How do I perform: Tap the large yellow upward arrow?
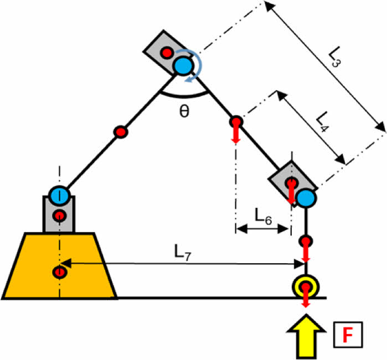coord(305,335)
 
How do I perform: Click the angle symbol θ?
coord(184,110)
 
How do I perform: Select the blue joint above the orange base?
coord(59,195)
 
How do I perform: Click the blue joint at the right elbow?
coord(305,197)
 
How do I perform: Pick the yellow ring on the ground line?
coord(305,286)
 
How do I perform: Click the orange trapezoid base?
coord(33,265)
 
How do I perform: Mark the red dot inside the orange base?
coord(59,272)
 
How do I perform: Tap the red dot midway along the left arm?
coord(121,132)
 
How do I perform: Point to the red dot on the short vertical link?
coord(306,242)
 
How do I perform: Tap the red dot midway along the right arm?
coord(236,121)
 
